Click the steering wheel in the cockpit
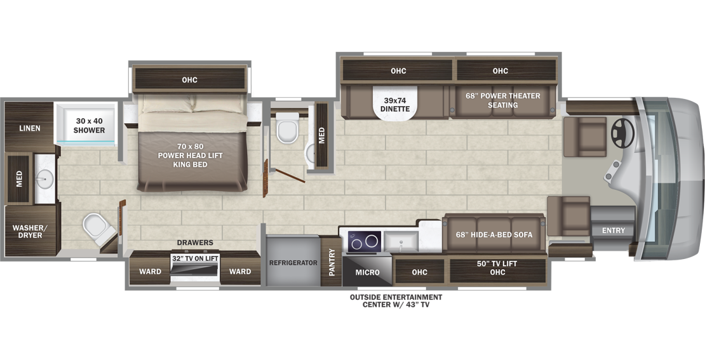click(622, 131)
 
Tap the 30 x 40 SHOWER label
click(90, 125)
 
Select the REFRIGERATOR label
click(293, 262)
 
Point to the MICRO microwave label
click(367, 272)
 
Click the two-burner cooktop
click(363, 242)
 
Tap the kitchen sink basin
click(401, 241)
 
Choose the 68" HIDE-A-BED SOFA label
click(493, 234)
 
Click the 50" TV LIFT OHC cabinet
click(497, 268)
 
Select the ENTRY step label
click(614, 230)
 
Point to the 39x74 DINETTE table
click(399, 103)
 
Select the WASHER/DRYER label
click(25, 231)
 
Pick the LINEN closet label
click(29, 128)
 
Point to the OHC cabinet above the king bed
click(189, 80)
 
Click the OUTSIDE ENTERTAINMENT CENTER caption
click(396, 300)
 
